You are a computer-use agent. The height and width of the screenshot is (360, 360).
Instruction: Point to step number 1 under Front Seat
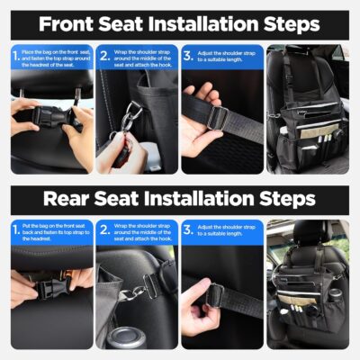[x=15, y=57]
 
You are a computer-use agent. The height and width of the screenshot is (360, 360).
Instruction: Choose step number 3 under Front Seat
[x=188, y=57]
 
